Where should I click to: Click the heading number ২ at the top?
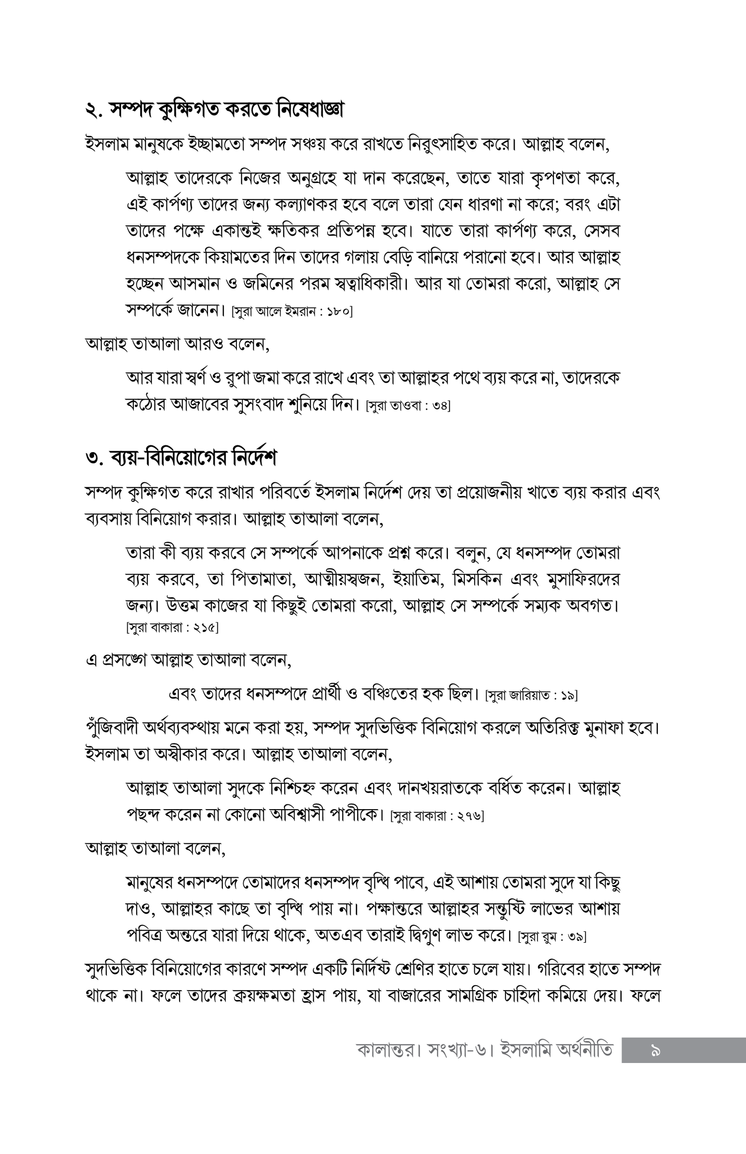[x=92, y=111]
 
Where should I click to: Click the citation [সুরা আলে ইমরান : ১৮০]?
[x=292, y=311]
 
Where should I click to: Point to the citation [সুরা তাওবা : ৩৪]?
[x=408, y=406]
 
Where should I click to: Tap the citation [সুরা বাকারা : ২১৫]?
[x=172, y=628]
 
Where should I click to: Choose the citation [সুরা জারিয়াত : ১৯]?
[x=531, y=695]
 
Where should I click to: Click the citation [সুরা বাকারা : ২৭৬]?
[x=437, y=816]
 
